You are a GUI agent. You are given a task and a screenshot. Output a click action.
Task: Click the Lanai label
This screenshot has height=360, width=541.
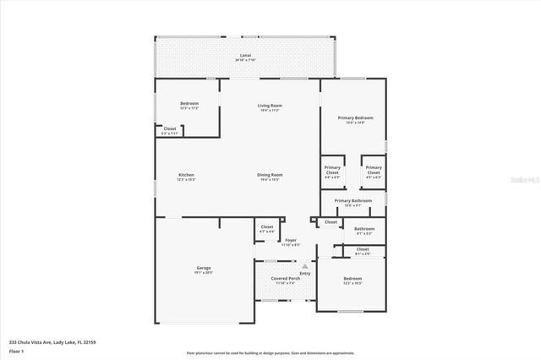click(245, 56)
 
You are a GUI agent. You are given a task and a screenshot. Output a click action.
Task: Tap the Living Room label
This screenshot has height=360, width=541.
click(270, 106)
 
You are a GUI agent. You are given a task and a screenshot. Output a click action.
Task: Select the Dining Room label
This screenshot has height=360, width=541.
click(270, 175)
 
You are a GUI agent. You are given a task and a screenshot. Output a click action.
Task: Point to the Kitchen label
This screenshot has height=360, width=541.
click(186, 175)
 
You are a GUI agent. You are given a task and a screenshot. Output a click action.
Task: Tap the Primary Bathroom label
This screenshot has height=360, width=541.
click(352, 200)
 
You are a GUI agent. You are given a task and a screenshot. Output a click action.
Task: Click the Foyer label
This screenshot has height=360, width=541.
click(290, 241)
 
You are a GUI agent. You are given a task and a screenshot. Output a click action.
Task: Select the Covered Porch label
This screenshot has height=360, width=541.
click(285, 278)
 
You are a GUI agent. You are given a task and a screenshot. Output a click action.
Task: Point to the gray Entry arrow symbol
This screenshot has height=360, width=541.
click(305, 266)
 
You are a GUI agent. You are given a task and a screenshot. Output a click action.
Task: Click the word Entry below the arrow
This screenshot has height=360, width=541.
click(305, 273)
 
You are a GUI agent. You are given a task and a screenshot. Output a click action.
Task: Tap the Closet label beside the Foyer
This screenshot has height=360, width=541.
click(266, 227)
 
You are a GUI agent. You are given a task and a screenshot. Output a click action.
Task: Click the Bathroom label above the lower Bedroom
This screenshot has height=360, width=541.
click(363, 228)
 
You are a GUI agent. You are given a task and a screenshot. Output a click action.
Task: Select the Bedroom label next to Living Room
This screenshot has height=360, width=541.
click(189, 106)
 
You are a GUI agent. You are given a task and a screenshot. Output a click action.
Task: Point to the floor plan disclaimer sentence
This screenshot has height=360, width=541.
click(270, 352)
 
